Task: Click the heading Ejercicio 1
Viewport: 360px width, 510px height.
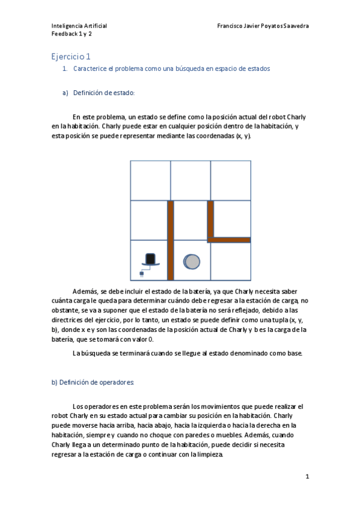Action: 71,57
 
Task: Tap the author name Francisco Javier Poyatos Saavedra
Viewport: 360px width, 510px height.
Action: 264,26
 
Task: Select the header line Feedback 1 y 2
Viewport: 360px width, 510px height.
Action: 72,34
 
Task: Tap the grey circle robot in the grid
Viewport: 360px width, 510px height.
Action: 191,261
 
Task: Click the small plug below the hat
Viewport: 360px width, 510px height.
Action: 142,274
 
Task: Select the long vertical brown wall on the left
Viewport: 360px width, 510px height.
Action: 170,241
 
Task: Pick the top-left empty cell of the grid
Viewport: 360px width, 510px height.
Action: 150,180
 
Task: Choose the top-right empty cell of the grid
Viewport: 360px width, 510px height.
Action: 230,180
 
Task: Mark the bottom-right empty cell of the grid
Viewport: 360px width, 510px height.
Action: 230,260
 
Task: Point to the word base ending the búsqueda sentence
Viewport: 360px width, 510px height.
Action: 294,352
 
